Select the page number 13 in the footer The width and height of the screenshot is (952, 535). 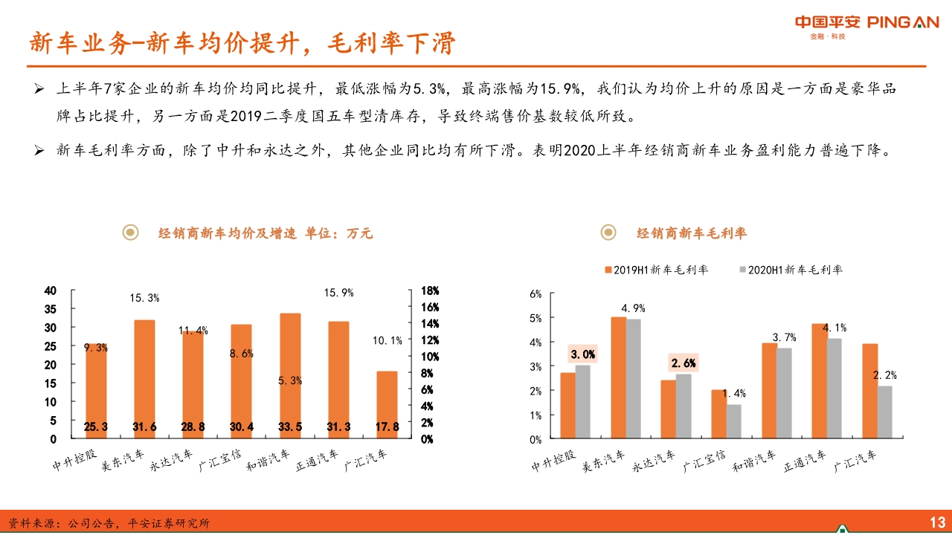tap(936, 522)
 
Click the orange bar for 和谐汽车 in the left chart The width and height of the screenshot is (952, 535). tap(290, 372)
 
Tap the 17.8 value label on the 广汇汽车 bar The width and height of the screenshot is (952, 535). tap(387, 427)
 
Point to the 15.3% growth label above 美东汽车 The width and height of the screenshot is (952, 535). tap(144, 298)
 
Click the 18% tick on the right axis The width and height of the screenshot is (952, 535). tap(430, 291)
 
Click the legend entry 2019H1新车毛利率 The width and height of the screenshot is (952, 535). tap(655, 270)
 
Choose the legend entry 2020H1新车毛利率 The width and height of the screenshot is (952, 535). tap(789, 270)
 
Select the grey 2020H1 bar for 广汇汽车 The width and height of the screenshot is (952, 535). tap(884, 412)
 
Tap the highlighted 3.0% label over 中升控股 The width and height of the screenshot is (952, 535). tap(582, 354)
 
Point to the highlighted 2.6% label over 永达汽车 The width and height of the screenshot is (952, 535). tap(684, 363)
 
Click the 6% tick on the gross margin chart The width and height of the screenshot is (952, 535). tap(535, 294)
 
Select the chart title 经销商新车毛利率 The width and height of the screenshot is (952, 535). tap(691, 233)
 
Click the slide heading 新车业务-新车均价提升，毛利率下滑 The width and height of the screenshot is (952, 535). tap(242, 43)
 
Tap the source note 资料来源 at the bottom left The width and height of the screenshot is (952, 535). tap(109, 523)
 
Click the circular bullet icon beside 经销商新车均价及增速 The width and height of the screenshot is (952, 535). tap(131, 233)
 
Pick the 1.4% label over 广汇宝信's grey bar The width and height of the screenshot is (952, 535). tap(733, 394)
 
